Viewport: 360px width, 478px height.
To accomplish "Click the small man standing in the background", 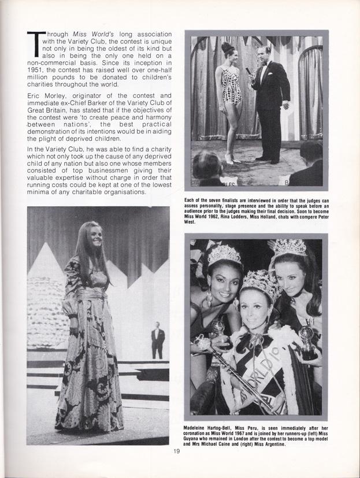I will pyautogui.click(x=157, y=339).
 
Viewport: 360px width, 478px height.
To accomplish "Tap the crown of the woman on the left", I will pyautogui.click(x=224, y=254).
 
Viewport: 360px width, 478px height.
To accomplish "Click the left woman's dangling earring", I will pyautogui.click(x=209, y=300).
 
